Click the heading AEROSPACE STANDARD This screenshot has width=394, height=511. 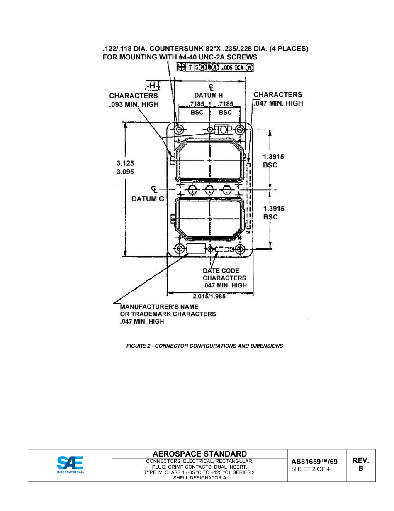pyautogui.click(x=199, y=454)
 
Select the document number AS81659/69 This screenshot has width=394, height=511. pyautogui.click(x=314, y=462)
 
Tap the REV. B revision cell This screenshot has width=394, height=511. pyautogui.click(x=360, y=464)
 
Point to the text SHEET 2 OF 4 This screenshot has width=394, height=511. pyautogui.click(x=311, y=469)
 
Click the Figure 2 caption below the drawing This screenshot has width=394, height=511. pyautogui.click(x=204, y=346)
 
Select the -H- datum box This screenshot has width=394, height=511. pyautogui.click(x=152, y=86)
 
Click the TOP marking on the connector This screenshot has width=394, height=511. pyautogui.click(x=224, y=130)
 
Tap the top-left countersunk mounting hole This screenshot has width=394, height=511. pyautogui.click(x=179, y=130)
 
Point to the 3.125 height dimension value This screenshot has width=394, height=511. pyautogui.click(x=125, y=163)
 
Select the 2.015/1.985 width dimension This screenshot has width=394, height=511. pyautogui.click(x=210, y=297)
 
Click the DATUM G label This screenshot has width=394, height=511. pyautogui.click(x=148, y=199)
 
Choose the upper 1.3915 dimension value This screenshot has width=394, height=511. pyautogui.click(x=274, y=157)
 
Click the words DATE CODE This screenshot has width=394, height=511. pyautogui.click(x=221, y=270)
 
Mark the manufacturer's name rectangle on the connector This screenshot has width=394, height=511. pyautogui.click(x=196, y=248)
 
